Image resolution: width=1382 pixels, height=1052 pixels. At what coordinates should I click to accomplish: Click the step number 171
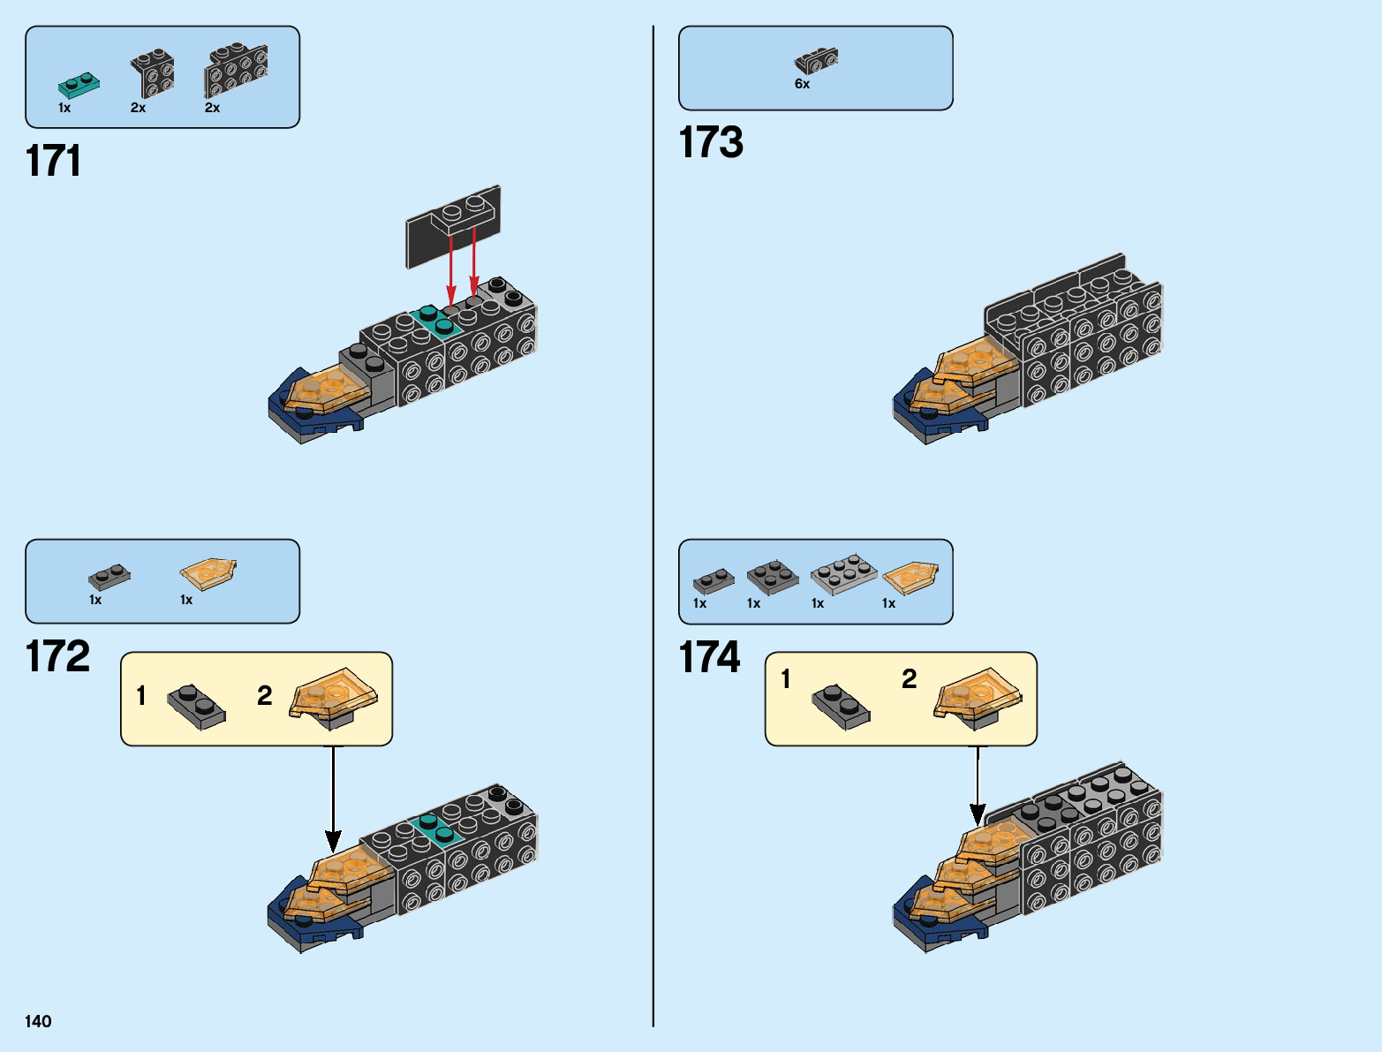click(x=53, y=162)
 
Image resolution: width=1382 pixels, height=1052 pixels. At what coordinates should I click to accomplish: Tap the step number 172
click(x=57, y=657)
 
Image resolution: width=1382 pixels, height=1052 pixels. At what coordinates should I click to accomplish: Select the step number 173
click(x=711, y=143)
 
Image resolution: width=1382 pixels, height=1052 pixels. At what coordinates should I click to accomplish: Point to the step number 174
click(x=709, y=658)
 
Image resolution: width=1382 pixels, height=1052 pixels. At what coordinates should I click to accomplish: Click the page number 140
click(x=38, y=1021)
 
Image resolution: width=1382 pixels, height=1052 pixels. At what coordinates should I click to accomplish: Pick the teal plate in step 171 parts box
click(x=79, y=85)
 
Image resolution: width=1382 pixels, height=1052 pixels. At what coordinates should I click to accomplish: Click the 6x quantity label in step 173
click(x=802, y=84)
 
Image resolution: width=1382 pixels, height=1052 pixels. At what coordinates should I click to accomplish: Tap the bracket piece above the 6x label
click(x=816, y=61)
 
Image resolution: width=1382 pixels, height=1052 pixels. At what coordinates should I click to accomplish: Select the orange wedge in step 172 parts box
click(x=208, y=572)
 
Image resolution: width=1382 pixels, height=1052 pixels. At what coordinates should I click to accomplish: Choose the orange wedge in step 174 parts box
click(x=910, y=577)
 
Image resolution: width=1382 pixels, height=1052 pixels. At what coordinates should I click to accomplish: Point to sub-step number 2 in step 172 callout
click(x=264, y=696)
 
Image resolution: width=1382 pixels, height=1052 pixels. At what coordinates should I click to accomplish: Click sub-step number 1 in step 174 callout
click(x=786, y=679)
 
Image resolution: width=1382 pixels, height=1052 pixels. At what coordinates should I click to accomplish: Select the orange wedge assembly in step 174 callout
click(x=978, y=697)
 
